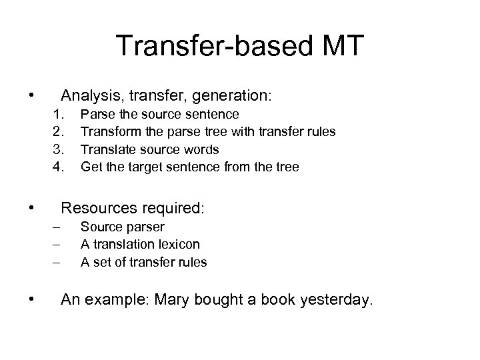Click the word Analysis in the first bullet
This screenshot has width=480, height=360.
(89, 96)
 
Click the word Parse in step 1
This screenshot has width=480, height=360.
(94, 115)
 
